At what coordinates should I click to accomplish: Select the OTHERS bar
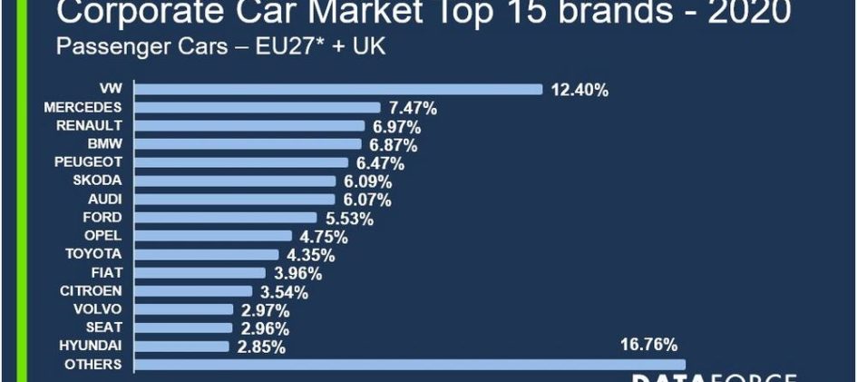point(410,365)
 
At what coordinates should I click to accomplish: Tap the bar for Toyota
point(207,255)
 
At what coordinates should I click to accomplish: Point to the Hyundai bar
point(181,347)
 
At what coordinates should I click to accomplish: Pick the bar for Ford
point(226,218)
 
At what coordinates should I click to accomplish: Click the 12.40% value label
point(579,90)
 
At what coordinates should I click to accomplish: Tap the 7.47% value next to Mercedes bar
point(413,108)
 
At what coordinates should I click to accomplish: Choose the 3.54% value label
point(283,292)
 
